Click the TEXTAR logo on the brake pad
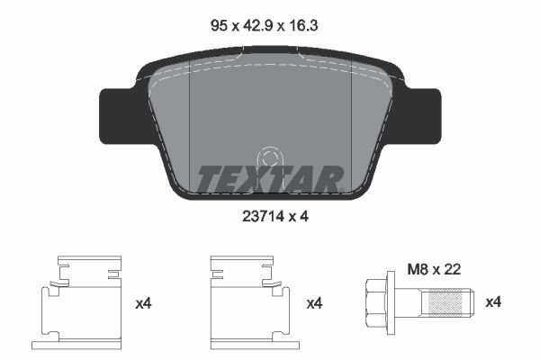[269, 179]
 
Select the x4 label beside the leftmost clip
[143, 304]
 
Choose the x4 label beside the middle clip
[314, 304]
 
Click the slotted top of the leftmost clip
[88, 265]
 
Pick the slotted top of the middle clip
[240, 265]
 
